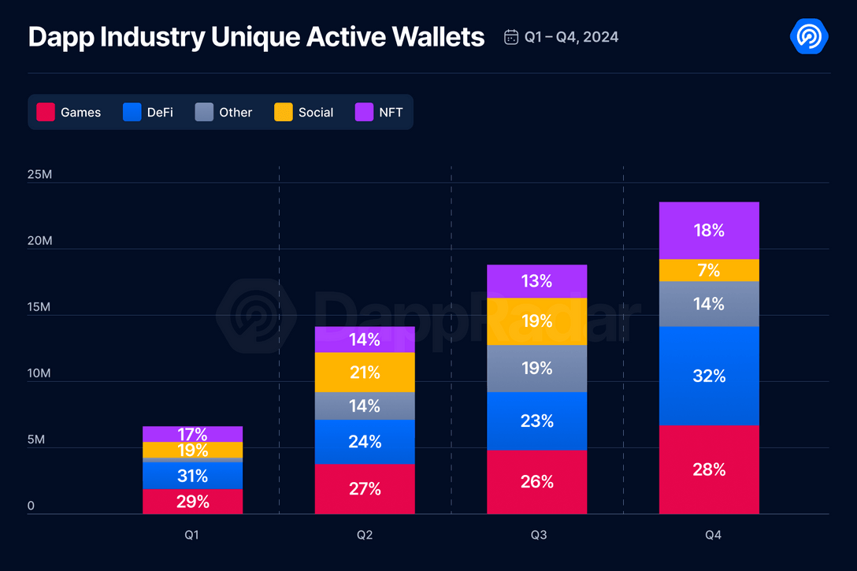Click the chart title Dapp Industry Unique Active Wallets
point(256,36)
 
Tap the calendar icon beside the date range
point(511,37)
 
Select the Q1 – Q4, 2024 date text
point(572,37)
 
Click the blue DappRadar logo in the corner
point(808,36)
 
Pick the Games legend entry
point(69,112)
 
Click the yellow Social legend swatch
point(284,112)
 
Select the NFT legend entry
point(379,112)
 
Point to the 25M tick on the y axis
point(39,174)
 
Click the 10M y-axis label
point(39,373)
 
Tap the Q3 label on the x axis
point(538,535)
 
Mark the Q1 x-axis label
point(192,535)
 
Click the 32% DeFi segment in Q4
point(709,376)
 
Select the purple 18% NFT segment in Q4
point(709,230)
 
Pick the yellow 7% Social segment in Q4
point(709,270)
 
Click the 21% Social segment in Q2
point(365,372)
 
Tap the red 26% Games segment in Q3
point(537,481)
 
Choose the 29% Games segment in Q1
point(192,501)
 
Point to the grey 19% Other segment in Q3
point(537,368)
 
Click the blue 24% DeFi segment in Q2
point(365,442)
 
